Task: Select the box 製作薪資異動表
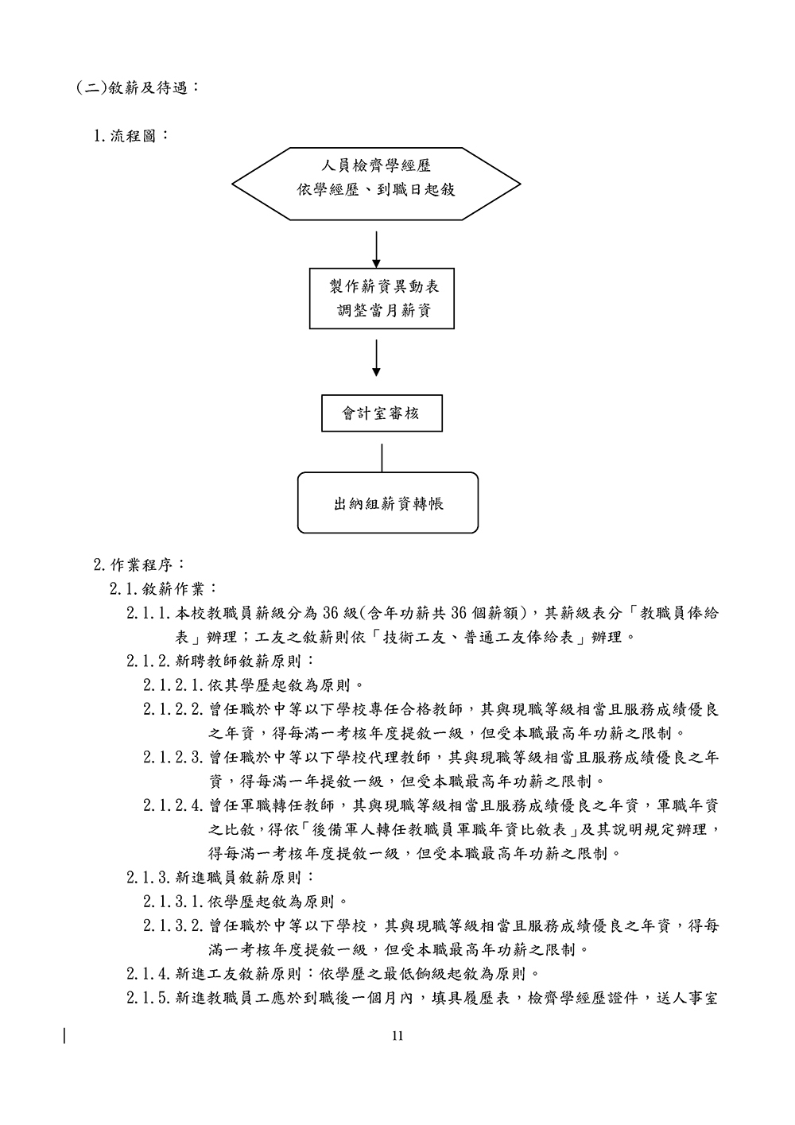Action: [x=382, y=298]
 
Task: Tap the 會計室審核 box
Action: [x=381, y=413]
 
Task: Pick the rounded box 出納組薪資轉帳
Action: [x=388, y=502]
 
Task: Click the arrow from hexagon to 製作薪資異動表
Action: [x=377, y=250]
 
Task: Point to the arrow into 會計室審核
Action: [x=377, y=358]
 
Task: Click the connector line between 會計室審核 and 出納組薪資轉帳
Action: [x=382, y=457]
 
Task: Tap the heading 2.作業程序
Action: [x=138, y=565]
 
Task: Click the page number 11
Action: [x=397, y=1035]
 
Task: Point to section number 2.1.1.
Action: [x=149, y=613]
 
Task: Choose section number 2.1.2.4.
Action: [x=175, y=805]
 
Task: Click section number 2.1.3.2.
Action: [x=175, y=925]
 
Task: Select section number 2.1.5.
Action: [x=149, y=998]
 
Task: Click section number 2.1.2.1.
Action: [x=175, y=685]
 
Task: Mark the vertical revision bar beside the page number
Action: [x=65, y=1035]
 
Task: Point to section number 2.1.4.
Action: [x=149, y=973]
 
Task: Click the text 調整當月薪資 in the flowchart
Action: [x=382, y=311]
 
